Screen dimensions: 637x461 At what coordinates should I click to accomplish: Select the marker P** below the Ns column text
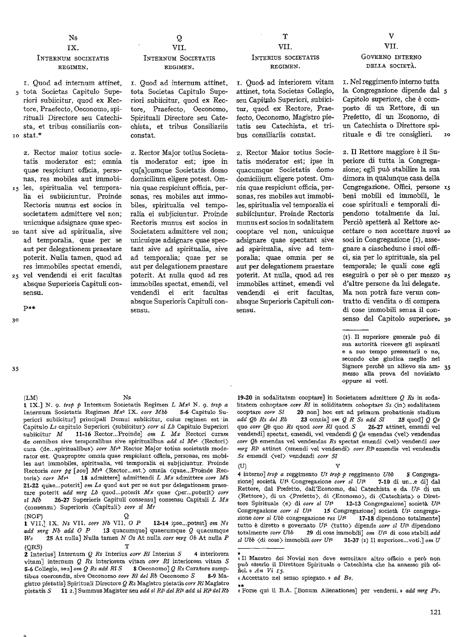coord(29,308)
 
